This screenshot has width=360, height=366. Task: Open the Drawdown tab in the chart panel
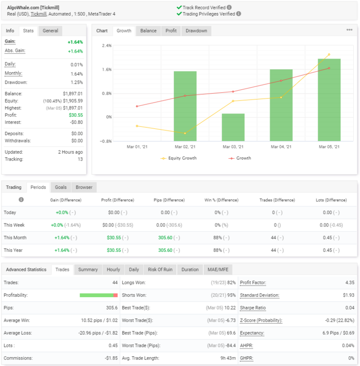[x=196, y=31]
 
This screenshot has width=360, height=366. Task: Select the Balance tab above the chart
[x=148, y=31]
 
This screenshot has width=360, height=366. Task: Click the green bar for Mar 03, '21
[x=233, y=127]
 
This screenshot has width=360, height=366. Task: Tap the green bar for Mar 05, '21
[x=329, y=100]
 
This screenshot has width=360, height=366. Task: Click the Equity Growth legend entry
[x=179, y=158]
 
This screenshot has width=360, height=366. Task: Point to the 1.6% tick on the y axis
[x=107, y=70]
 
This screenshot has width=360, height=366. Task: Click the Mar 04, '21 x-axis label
[x=281, y=147]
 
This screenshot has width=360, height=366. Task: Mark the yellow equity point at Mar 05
[x=329, y=54]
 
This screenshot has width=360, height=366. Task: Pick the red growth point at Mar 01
[x=137, y=106]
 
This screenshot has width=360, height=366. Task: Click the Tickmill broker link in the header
[x=39, y=14]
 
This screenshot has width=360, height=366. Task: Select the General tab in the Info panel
[x=50, y=31]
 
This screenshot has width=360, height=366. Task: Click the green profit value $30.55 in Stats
[x=76, y=115]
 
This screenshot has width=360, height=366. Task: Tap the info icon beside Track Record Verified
[x=229, y=7]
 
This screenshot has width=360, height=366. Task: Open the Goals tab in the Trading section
[x=61, y=187]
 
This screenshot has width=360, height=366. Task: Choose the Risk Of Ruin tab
[x=160, y=269]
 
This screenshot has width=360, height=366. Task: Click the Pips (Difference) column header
[x=169, y=200]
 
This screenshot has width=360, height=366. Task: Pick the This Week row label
[x=14, y=225]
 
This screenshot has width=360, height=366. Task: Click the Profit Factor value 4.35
[x=350, y=283]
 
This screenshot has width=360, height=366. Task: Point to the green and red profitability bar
[x=99, y=295]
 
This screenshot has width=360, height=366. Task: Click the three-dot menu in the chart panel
[x=349, y=30]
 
